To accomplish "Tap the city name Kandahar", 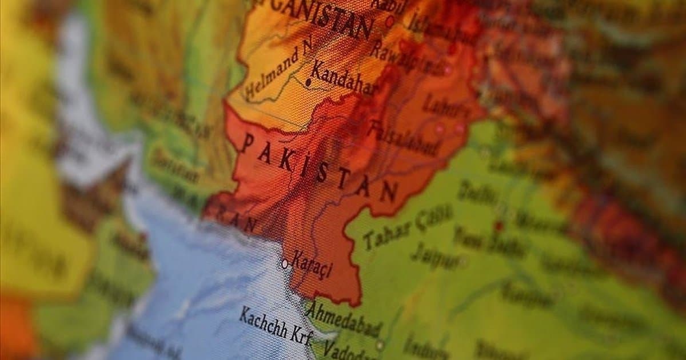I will (x=343, y=78).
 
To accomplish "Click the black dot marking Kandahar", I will (x=308, y=82).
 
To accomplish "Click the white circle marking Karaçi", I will (x=284, y=263).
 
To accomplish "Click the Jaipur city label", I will (x=434, y=255).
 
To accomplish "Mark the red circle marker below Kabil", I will (x=390, y=22).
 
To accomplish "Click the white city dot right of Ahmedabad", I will (x=380, y=345).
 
